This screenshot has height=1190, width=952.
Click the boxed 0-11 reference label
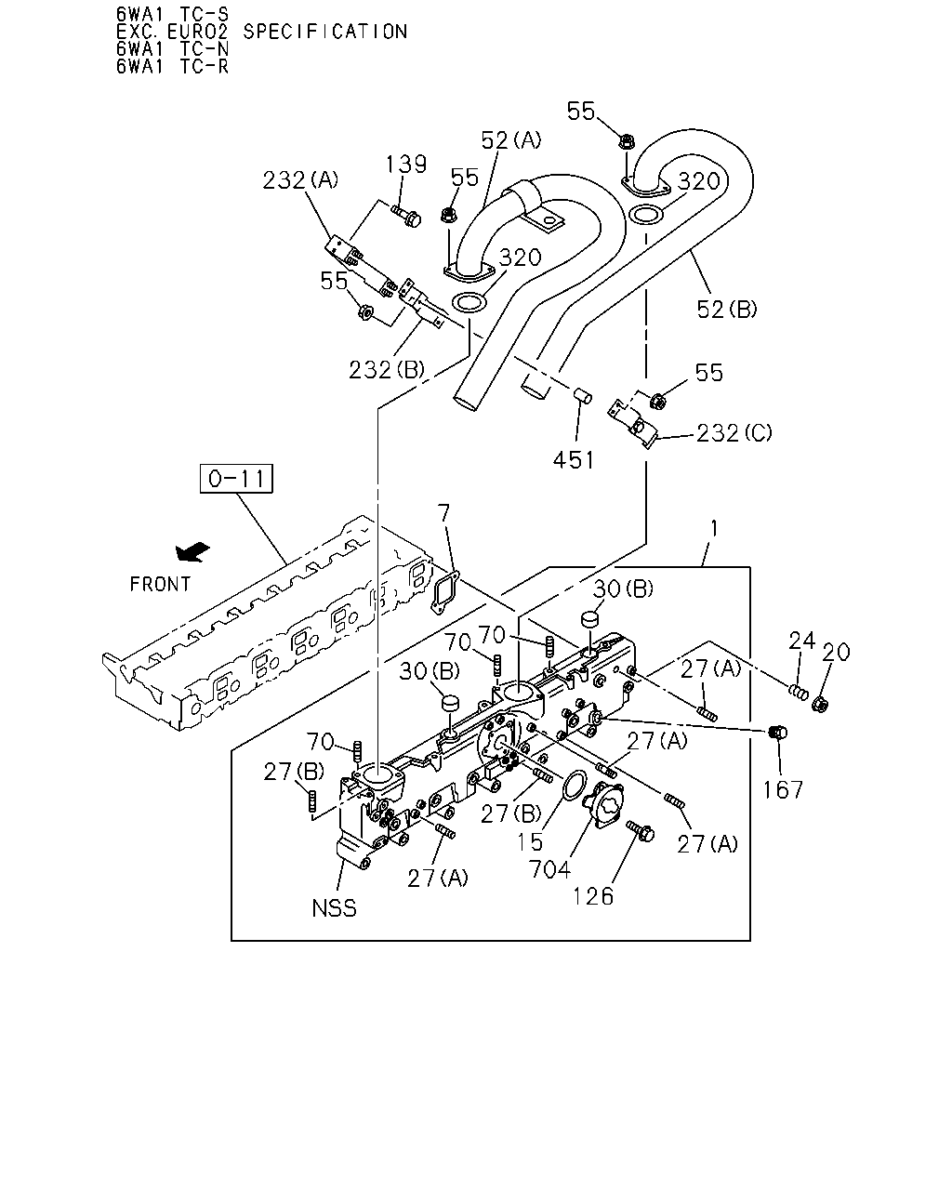point(236,478)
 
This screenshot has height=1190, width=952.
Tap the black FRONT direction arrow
point(192,551)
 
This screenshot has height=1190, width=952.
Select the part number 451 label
point(574,460)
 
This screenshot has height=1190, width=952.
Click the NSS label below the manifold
point(334,908)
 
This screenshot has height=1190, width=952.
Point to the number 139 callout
point(406,165)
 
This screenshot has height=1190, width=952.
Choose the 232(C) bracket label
point(734,433)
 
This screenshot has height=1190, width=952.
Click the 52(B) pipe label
point(727,309)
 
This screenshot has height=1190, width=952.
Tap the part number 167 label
point(783,790)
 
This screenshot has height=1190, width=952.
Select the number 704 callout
point(549,870)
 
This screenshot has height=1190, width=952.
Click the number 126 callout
point(593,897)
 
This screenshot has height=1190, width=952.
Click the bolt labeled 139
point(406,216)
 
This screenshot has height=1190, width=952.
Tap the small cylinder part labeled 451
point(583,396)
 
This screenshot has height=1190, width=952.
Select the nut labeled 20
point(820,705)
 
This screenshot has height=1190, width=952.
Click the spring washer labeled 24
point(799,692)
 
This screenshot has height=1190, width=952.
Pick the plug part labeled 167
point(778,733)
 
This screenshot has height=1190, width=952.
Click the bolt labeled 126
point(641,830)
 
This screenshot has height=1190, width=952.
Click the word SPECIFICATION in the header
point(325,32)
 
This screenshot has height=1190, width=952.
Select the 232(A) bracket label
point(300,180)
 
